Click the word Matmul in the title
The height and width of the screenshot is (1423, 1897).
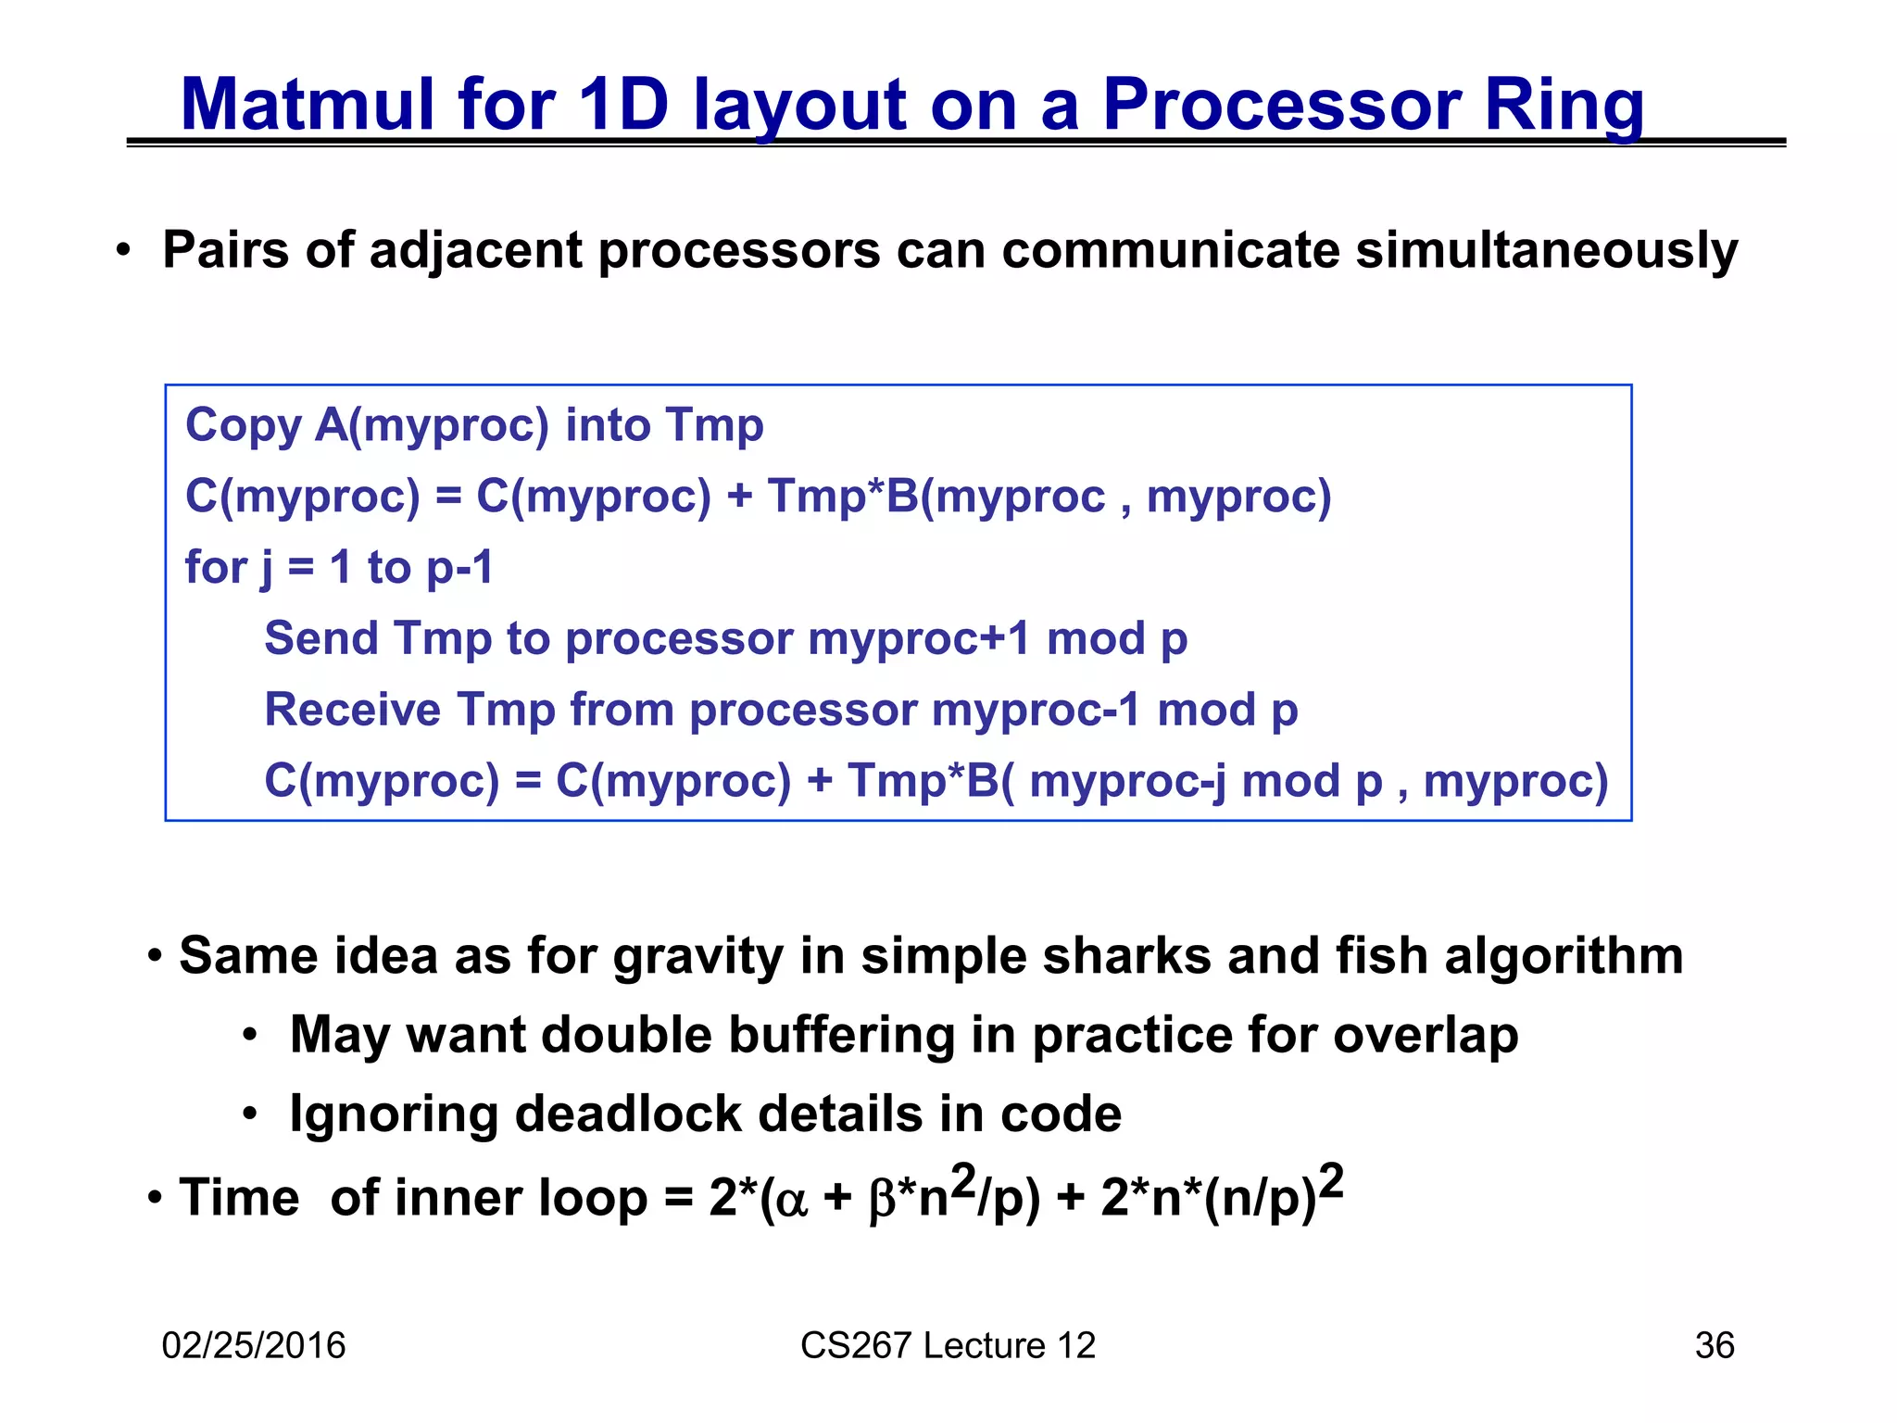pyautogui.click(x=307, y=104)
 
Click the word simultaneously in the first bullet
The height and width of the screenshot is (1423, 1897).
pyautogui.click(x=1546, y=250)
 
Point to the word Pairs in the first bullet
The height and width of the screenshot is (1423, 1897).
pyautogui.click(x=225, y=250)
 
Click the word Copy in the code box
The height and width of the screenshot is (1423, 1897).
pyautogui.click(x=243, y=425)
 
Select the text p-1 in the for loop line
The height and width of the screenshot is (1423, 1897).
pyautogui.click(x=459, y=567)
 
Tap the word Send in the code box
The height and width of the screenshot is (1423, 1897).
pyautogui.click(x=320, y=638)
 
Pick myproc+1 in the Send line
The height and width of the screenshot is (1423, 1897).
pyautogui.click(x=918, y=638)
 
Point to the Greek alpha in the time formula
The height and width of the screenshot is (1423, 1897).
pyautogui.click(x=792, y=1200)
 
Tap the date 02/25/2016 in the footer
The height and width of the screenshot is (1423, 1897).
pyautogui.click(x=253, y=1345)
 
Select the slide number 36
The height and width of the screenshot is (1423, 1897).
pyautogui.click(x=1714, y=1345)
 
